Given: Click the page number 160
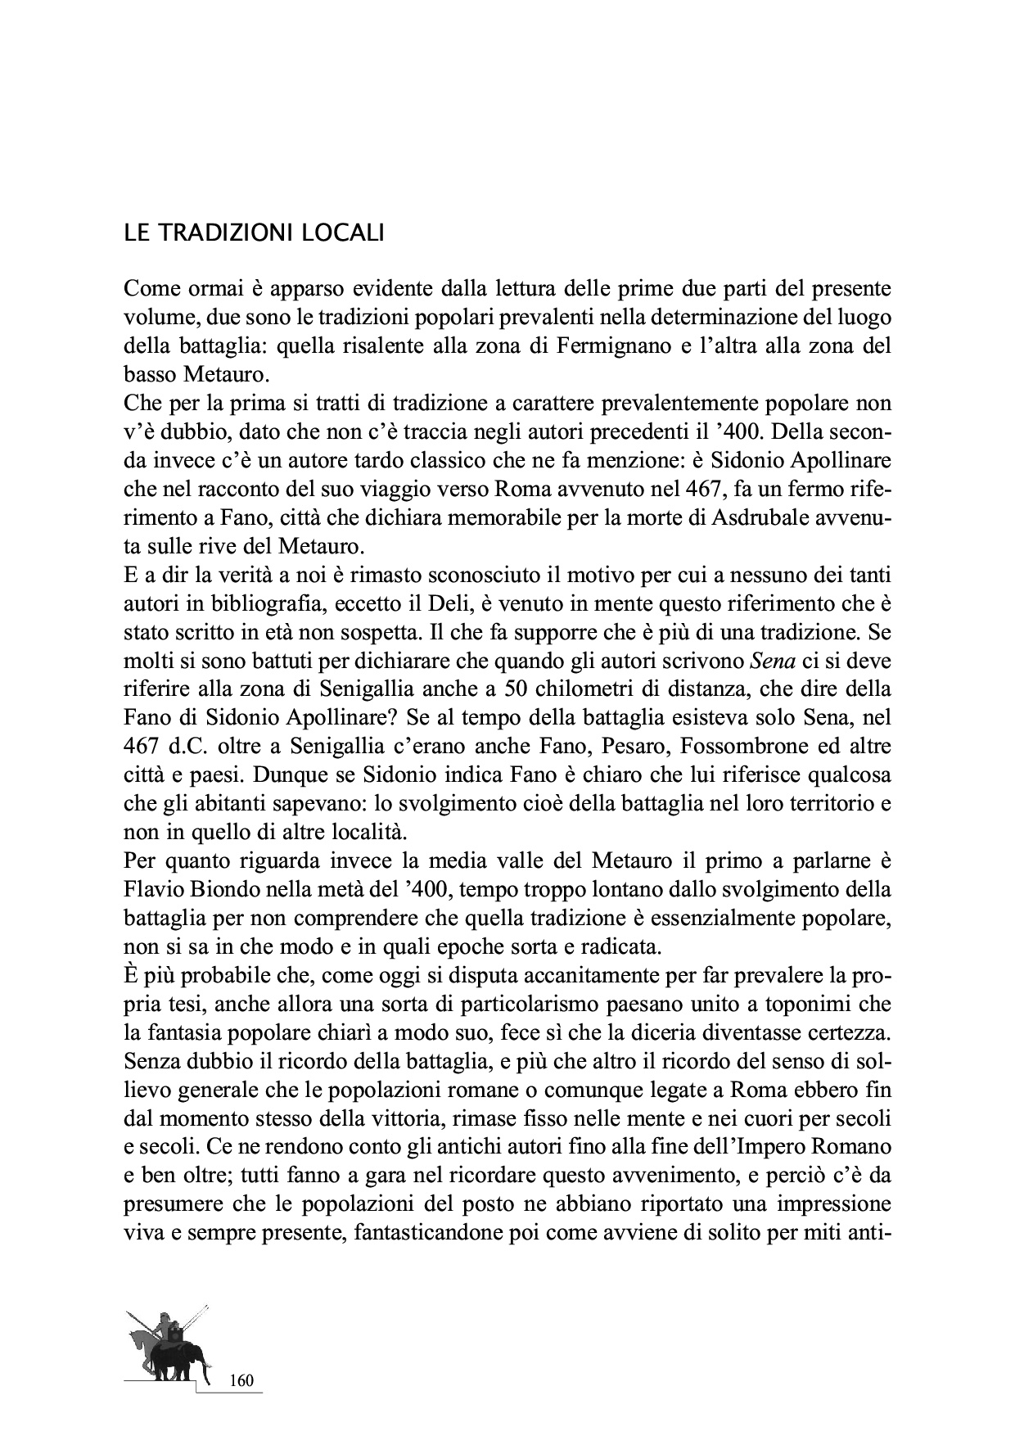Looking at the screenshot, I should (242, 1380).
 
